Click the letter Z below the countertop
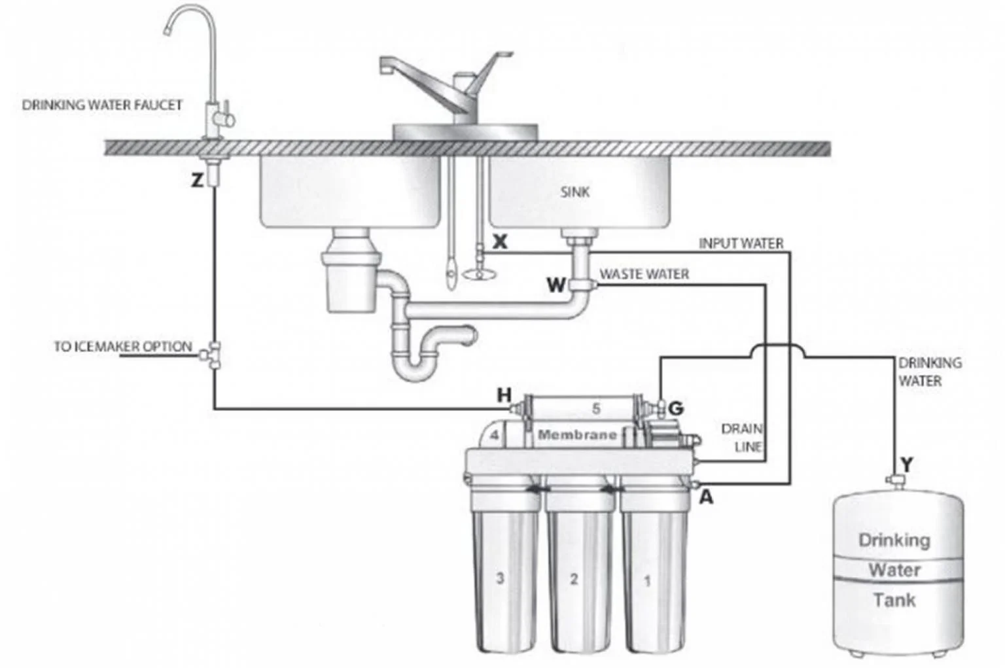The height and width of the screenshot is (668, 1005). [x=197, y=180]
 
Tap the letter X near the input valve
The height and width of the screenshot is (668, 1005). [x=500, y=242]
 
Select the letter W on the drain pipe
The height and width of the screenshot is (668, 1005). [x=556, y=285]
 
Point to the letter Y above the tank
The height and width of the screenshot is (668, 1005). [x=907, y=465]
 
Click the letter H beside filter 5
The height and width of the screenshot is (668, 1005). [x=504, y=395]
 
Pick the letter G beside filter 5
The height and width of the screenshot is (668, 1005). [x=676, y=408]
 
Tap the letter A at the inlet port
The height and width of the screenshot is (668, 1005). [x=707, y=497]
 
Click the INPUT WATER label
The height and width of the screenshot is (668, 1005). [x=741, y=243]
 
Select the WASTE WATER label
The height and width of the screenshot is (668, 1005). [x=644, y=273]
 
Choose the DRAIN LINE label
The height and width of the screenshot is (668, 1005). [x=742, y=438]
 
